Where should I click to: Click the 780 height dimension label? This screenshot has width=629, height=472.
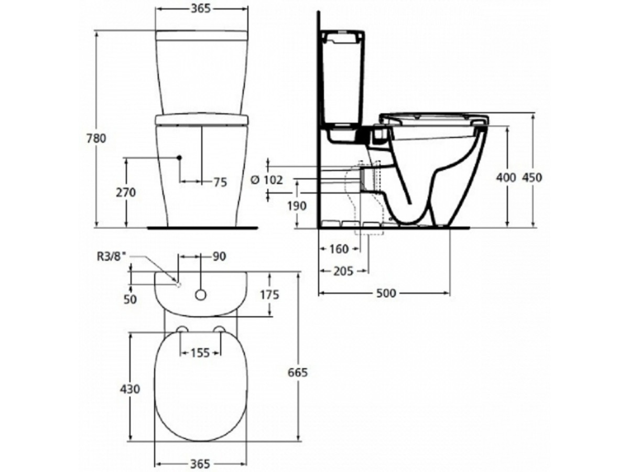[x=96, y=138]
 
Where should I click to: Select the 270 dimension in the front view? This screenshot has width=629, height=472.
[x=126, y=192]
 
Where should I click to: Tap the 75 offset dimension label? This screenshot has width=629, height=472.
[x=220, y=183]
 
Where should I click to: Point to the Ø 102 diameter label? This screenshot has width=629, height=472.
[x=266, y=180]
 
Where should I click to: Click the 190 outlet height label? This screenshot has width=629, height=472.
[x=297, y=206]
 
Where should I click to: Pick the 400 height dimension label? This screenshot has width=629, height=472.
[x=506, y=178]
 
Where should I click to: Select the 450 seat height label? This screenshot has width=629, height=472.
[x=532, y=178]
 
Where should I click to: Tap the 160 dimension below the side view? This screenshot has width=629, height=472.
[x=339, y=249]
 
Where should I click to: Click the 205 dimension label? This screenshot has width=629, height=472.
[x=343, y=271]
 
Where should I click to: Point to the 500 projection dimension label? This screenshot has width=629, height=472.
[x=386, y=293]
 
